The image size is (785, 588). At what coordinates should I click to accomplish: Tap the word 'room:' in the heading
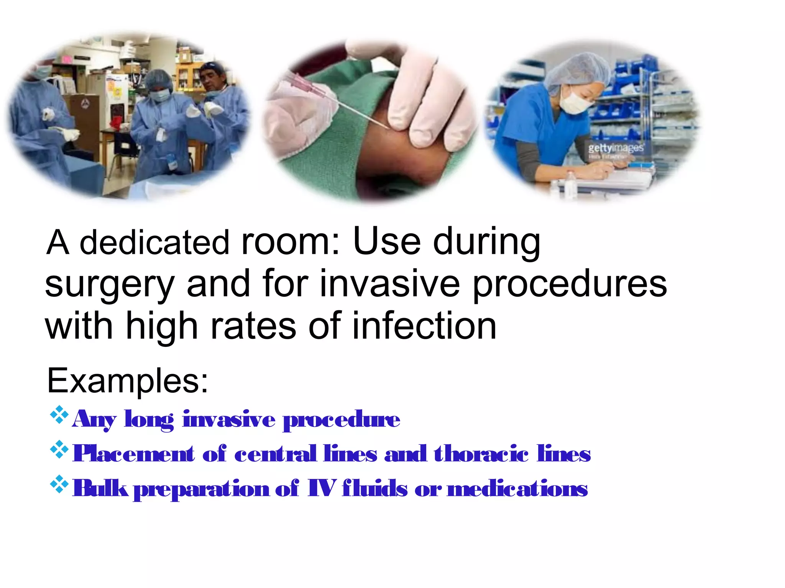point(290,242)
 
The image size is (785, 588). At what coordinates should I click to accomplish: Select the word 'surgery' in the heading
point(110,285)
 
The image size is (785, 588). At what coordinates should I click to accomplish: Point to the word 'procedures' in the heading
point(570,285)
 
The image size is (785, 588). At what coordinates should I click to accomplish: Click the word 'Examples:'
point(128,381)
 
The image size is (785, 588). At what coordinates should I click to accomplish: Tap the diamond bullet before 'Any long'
point(59,415)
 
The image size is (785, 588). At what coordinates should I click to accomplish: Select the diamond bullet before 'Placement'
point(59,450)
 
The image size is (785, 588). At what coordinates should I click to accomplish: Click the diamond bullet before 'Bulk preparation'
point(59,484)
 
